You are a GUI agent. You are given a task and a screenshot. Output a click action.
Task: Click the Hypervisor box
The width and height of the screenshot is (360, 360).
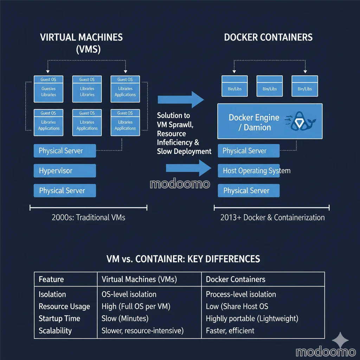pyautogui.click(x=65, y=171)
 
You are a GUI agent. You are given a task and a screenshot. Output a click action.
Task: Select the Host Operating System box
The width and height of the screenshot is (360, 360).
pyautogui.click(x=249, y=171)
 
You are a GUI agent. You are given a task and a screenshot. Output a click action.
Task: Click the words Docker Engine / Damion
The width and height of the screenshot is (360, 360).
pyautogui.click(x=254, y=122)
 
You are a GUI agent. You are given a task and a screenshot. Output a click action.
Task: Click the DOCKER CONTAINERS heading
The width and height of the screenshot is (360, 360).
pyautogui.click(x=268, y=37)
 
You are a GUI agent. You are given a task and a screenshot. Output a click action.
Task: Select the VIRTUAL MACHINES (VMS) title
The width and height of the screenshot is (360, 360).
pyautogui.click(x=81, y=43)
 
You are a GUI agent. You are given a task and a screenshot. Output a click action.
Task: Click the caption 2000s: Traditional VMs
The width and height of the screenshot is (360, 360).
pyautogui.click(x=88, y=218)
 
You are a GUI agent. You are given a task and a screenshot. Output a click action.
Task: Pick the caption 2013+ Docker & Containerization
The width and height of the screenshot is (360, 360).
pyautogui.click(x=272, y=218)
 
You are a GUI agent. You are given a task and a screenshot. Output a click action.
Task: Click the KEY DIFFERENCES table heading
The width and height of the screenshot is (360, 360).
pyautogui.click(x=183, y=259)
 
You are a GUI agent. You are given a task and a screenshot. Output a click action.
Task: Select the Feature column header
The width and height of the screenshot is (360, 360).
pyautogui.click(x=51, y=279)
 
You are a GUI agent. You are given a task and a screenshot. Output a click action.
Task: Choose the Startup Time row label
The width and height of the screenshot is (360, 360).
pyautogui.click(x=59, y=319)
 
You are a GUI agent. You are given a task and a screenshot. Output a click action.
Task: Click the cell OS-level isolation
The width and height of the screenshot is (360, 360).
pyautogui.click(x=129, y=294)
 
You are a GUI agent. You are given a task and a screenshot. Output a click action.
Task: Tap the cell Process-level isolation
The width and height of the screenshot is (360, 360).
pyautogui.click(x=241, y=294)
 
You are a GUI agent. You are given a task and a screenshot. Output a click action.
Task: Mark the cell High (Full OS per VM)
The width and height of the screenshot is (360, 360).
pyautogui.click(x=136, y=307)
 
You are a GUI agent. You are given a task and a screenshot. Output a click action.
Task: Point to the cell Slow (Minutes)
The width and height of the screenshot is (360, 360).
pyautogui.click(x=125, y=319)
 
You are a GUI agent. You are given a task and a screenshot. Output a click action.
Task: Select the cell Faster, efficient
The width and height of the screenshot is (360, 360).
pyautogui.click(x=230, y=330)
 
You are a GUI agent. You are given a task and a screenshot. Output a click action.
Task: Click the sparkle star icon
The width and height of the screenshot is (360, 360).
pyautogui.click(x=340, y=340)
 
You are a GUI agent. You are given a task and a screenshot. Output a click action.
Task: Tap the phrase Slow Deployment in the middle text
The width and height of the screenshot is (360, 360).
pyautogui.click(x=184, y=152)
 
